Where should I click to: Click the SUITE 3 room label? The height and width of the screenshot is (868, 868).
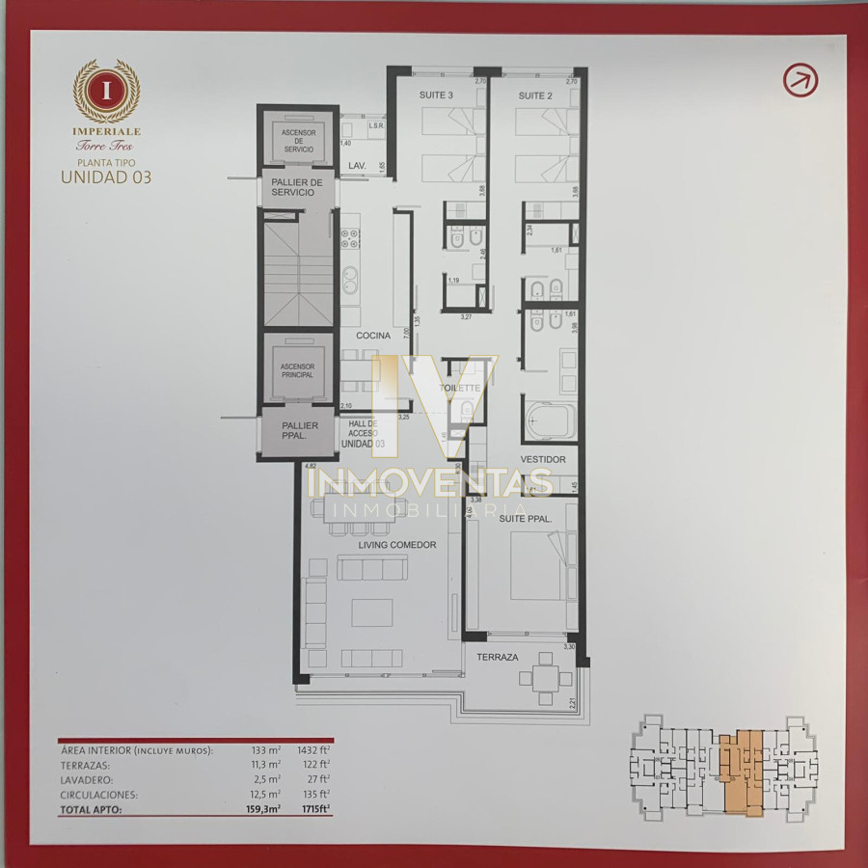[436, 95]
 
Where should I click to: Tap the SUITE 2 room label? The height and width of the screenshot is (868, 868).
[535, 95]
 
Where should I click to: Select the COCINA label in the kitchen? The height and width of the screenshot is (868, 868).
[373, 336]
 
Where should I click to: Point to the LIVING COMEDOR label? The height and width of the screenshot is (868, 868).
[397, 545]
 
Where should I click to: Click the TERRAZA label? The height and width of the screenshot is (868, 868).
[498, 657]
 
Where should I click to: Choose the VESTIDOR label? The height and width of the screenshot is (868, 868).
[543, 459]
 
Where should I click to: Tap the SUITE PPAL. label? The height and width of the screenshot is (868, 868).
[527, 519]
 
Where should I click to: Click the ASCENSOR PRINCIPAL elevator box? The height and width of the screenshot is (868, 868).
[297, 370]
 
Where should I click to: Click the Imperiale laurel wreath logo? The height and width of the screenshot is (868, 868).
[106, 92]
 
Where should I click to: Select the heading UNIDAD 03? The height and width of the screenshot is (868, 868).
[106, 176]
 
